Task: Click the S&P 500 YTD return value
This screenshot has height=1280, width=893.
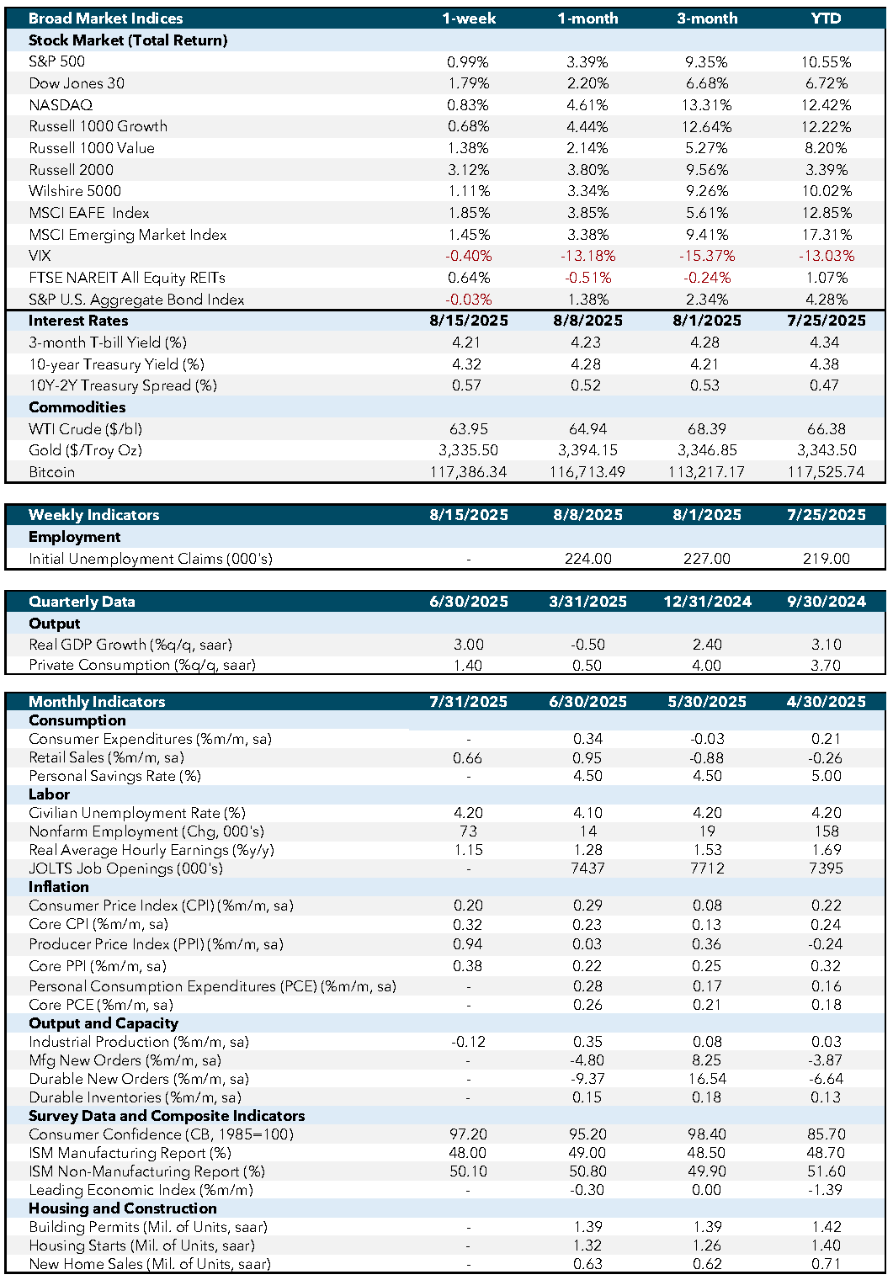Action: click(x=827, y=61)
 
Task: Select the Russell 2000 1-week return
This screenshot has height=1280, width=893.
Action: click(x=469, y=170)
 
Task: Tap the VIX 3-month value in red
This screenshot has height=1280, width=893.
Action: click(x=707, y=256)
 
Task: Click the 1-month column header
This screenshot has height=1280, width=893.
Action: click(x=588, y=19)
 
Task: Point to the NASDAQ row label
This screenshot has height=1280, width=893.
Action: click(x=61, y=105)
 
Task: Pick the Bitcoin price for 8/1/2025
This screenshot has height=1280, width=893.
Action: click(x=707, y=472)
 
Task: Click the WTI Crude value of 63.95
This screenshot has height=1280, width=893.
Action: click(x=469, y=428)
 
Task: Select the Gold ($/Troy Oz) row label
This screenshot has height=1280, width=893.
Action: click(x=85, y=450)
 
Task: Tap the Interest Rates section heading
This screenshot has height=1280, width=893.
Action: click(x=78, y=321)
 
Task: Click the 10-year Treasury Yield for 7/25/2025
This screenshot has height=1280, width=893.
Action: click(x=827, y=364)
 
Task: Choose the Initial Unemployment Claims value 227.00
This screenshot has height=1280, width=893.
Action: click(x=707, y=558)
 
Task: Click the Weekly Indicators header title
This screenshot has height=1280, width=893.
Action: click(x=93, y=515)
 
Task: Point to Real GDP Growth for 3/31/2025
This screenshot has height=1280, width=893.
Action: click(x=588, y=645)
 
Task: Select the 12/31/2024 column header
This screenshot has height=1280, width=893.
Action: click(x=707, y=602)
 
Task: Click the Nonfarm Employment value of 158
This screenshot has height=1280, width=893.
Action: click(x=827, y=831)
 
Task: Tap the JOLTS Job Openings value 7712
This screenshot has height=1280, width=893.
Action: click(x=707, y=868)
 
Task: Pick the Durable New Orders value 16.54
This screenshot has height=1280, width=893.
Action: click(x=707, y=1079)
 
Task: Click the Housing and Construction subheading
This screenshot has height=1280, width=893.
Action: click(x=123, y=1208)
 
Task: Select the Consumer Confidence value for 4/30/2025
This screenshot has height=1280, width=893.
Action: click(x=827, y=1134)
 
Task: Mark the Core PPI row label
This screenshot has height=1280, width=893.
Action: click(x=98, y=966)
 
